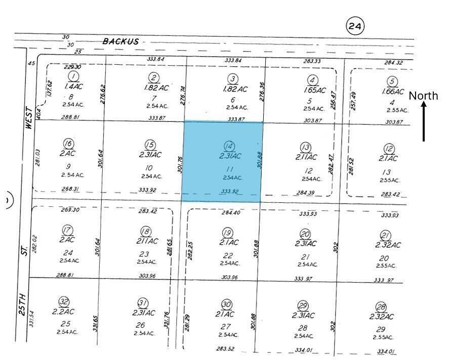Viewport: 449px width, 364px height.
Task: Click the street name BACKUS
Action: click(120, 41)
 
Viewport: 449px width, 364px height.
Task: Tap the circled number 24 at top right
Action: click(355, 25)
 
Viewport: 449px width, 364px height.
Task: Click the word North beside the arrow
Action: click(423, 96)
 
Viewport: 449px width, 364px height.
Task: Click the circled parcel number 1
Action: click(74, 77)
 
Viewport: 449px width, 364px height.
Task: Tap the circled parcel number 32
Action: click(64, 302)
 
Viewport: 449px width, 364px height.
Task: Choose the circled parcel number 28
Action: click(381, 307)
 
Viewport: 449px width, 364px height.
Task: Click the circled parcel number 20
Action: click(305, 234)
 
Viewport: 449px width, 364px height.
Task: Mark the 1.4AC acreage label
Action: click(74, 87)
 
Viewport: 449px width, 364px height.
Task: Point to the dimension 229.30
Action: click(73, 67)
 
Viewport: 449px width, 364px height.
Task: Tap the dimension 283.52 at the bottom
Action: click(225, 348)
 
